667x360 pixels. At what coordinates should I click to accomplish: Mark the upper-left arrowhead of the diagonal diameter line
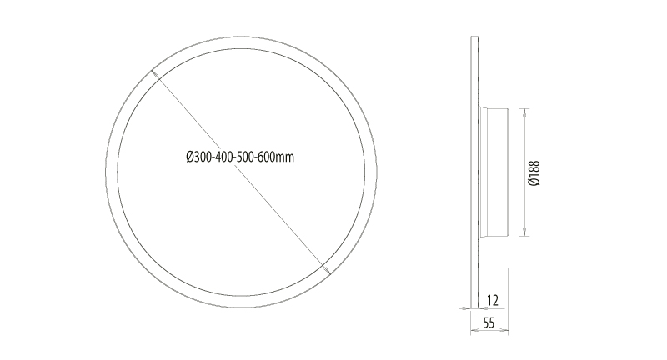click(156, 76)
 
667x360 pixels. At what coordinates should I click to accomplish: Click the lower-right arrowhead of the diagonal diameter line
click(327, 268)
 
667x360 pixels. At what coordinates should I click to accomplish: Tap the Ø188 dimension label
click(534, 172)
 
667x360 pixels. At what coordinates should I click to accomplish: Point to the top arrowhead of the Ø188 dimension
click(524, 111)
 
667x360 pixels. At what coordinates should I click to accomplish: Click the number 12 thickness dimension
click(493, 297)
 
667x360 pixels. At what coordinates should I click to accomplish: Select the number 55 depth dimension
click(489, 322)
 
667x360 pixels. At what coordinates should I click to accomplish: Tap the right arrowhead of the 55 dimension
click(505, 330)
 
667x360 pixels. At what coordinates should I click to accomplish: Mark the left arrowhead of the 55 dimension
click(474, 330)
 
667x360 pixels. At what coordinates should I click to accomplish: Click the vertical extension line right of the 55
click(509, 300)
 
